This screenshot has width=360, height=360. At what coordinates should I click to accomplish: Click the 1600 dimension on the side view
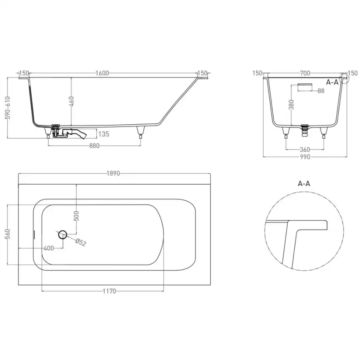102,73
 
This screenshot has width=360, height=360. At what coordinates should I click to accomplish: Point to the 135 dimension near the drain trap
104,133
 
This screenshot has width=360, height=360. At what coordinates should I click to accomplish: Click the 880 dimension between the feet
95,146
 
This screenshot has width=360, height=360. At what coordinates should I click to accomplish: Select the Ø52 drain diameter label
81,242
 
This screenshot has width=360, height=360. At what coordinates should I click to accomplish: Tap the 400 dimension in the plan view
49,248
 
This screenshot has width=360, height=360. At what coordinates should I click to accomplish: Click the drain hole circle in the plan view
63,234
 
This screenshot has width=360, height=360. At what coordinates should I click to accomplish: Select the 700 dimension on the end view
305,73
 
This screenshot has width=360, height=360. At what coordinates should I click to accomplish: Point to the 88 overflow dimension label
321,91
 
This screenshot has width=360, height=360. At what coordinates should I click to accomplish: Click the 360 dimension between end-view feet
305,150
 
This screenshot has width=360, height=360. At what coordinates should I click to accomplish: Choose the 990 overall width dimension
305,157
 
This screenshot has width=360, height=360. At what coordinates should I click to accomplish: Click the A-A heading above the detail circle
304,183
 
